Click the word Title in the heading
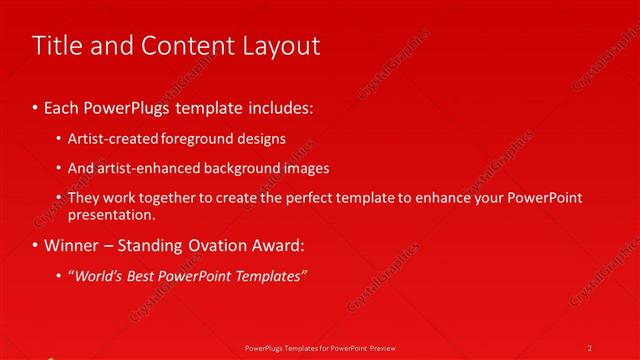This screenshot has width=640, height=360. pyautogui.click(x=56, y=46)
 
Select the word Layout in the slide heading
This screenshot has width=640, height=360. pyautogui.click(x=280, y=46)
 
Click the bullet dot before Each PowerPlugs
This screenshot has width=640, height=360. pyautogui.click(x=37, y=107)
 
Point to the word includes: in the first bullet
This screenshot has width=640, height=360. pyautogui.click(x=286, y=107)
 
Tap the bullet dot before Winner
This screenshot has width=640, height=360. pyautogui.click(x=37, y=245)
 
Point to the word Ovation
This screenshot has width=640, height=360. pyautogui.click(x=212, y=245)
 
